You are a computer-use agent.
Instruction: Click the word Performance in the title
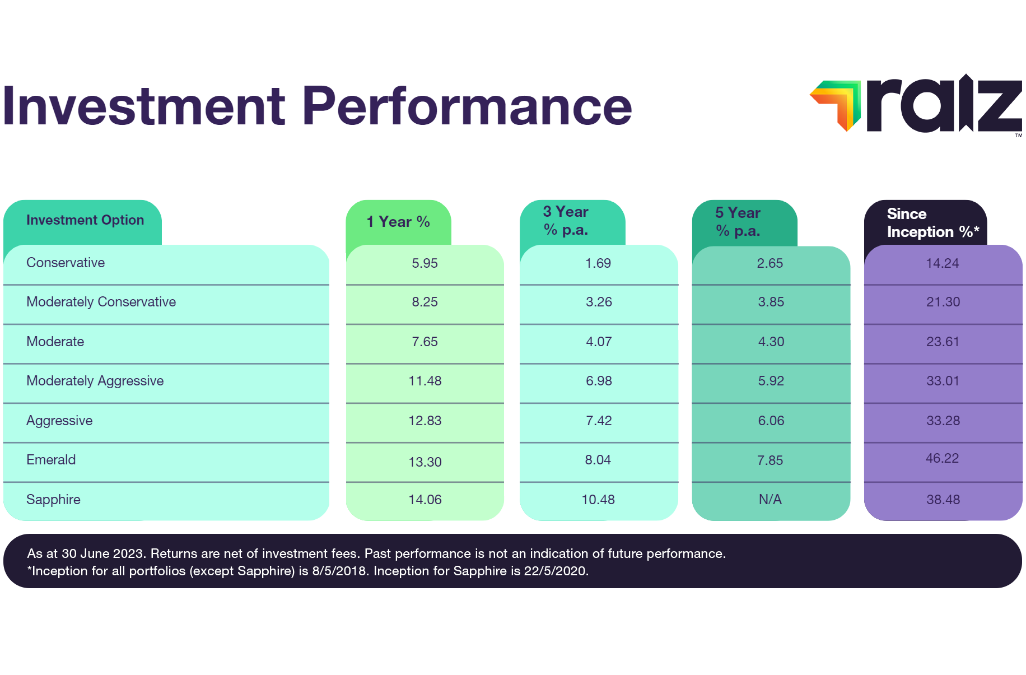467,106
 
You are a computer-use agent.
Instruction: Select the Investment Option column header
85,220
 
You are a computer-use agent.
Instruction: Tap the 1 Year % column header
398,222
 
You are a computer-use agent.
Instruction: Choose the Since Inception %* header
932,223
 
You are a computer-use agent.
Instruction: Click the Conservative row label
66,263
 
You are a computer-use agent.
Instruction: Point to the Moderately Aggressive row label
95,381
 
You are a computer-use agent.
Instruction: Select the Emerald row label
51,460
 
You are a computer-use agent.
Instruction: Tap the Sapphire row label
53,500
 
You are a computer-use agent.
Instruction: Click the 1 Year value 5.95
425,263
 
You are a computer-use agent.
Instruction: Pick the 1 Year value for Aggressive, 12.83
425,421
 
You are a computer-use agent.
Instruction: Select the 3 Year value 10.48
598,500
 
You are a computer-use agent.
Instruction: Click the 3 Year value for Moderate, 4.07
599,342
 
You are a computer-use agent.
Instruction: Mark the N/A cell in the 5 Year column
770,500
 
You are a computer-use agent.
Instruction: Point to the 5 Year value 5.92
771,381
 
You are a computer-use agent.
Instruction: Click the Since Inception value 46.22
942,458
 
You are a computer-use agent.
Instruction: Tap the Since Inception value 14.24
942,263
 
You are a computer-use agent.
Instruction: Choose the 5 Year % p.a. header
738,222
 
